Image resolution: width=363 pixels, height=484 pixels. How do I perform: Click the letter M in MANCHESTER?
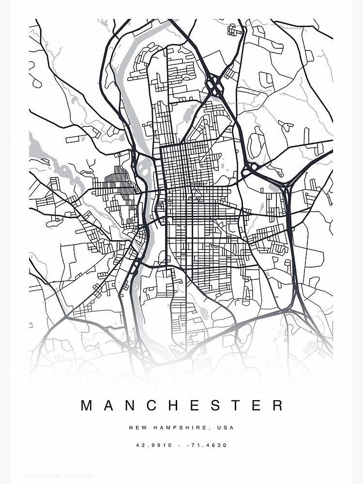[x=87, y=406]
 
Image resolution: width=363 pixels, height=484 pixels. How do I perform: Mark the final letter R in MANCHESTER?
[x=277, y=406]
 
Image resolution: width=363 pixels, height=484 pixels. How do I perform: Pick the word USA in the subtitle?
[x=226, y=428]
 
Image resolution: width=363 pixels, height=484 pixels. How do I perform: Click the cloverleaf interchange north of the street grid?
[x=214, y=86]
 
